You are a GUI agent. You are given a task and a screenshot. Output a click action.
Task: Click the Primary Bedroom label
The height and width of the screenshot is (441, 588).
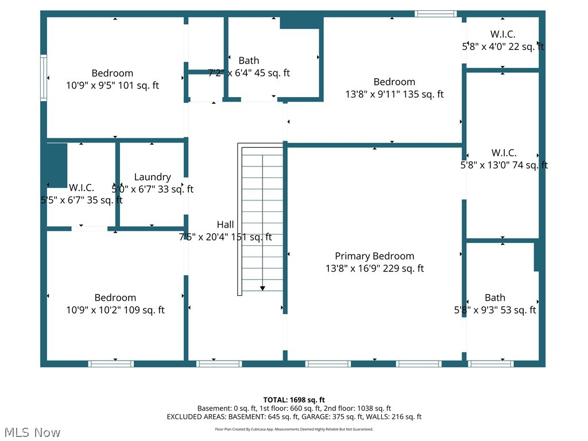(374, 256)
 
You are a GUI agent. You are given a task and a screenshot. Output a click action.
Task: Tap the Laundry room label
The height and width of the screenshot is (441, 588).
(152, 177)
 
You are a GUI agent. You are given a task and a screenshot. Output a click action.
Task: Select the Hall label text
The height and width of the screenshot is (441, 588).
(225, 225)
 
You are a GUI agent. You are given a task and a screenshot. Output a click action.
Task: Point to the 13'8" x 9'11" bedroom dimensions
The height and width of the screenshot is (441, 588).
(394, 94)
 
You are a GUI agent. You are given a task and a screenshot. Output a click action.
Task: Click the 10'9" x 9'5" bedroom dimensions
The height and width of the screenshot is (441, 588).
(112, 86)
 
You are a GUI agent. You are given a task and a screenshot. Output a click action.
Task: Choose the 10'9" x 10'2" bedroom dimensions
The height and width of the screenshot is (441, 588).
(115, 310)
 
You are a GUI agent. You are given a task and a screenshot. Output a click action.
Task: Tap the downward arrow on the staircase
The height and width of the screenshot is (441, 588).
(262, 288)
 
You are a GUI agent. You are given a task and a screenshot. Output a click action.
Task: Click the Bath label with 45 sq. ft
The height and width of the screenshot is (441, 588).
(249, 60)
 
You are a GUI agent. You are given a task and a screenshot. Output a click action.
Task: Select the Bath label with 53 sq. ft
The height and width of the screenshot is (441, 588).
(494, 297)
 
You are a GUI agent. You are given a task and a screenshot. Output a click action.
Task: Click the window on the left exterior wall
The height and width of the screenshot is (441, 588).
(43, 78)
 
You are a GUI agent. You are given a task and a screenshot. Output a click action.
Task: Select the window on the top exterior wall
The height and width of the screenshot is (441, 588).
(435, 13)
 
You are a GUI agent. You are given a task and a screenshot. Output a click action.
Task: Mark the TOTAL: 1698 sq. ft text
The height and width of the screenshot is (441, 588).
(294, 400)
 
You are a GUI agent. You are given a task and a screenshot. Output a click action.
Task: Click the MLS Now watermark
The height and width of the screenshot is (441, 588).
(32, 432)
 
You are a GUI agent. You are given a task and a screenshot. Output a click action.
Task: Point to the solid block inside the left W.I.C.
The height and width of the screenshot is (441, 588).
(57, 165)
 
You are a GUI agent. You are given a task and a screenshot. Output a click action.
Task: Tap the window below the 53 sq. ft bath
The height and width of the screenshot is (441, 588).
(491, 363)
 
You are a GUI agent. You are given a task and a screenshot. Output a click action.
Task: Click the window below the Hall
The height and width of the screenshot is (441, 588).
(219, 363)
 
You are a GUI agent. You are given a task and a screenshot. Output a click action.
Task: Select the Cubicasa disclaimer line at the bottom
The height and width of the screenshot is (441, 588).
(294, 429)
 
